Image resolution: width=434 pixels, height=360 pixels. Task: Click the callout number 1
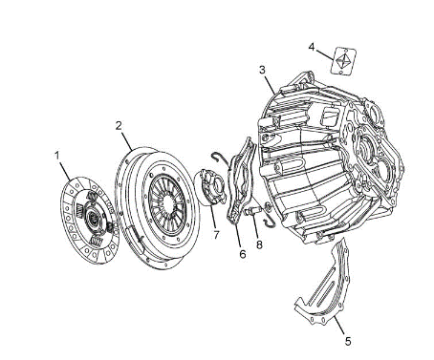click(57, 156)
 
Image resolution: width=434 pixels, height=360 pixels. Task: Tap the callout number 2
click(119, 126)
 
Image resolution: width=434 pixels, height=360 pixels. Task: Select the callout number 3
click(262, 70)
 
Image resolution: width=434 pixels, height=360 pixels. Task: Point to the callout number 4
click(312, 47)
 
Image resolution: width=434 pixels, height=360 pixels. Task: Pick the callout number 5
click(348, 341)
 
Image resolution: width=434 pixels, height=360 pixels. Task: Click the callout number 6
click(243, 254)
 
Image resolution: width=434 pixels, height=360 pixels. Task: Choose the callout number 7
click(217, 235)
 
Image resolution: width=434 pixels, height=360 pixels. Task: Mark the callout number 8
click(259, 244)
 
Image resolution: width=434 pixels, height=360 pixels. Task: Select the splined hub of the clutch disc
click(93, 219)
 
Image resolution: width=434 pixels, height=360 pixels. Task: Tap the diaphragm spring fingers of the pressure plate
click(166, 202)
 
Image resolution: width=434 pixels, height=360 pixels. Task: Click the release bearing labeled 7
click(212, 187)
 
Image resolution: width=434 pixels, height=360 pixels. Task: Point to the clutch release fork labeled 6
click(242, 180)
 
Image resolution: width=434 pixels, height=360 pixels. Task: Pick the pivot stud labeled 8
click(253, 211)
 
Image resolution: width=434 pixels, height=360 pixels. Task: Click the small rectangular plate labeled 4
click(343, 61)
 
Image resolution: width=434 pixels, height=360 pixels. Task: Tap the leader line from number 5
click(339, 326)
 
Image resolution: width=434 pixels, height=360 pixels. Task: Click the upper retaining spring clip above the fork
click(221, 159)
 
